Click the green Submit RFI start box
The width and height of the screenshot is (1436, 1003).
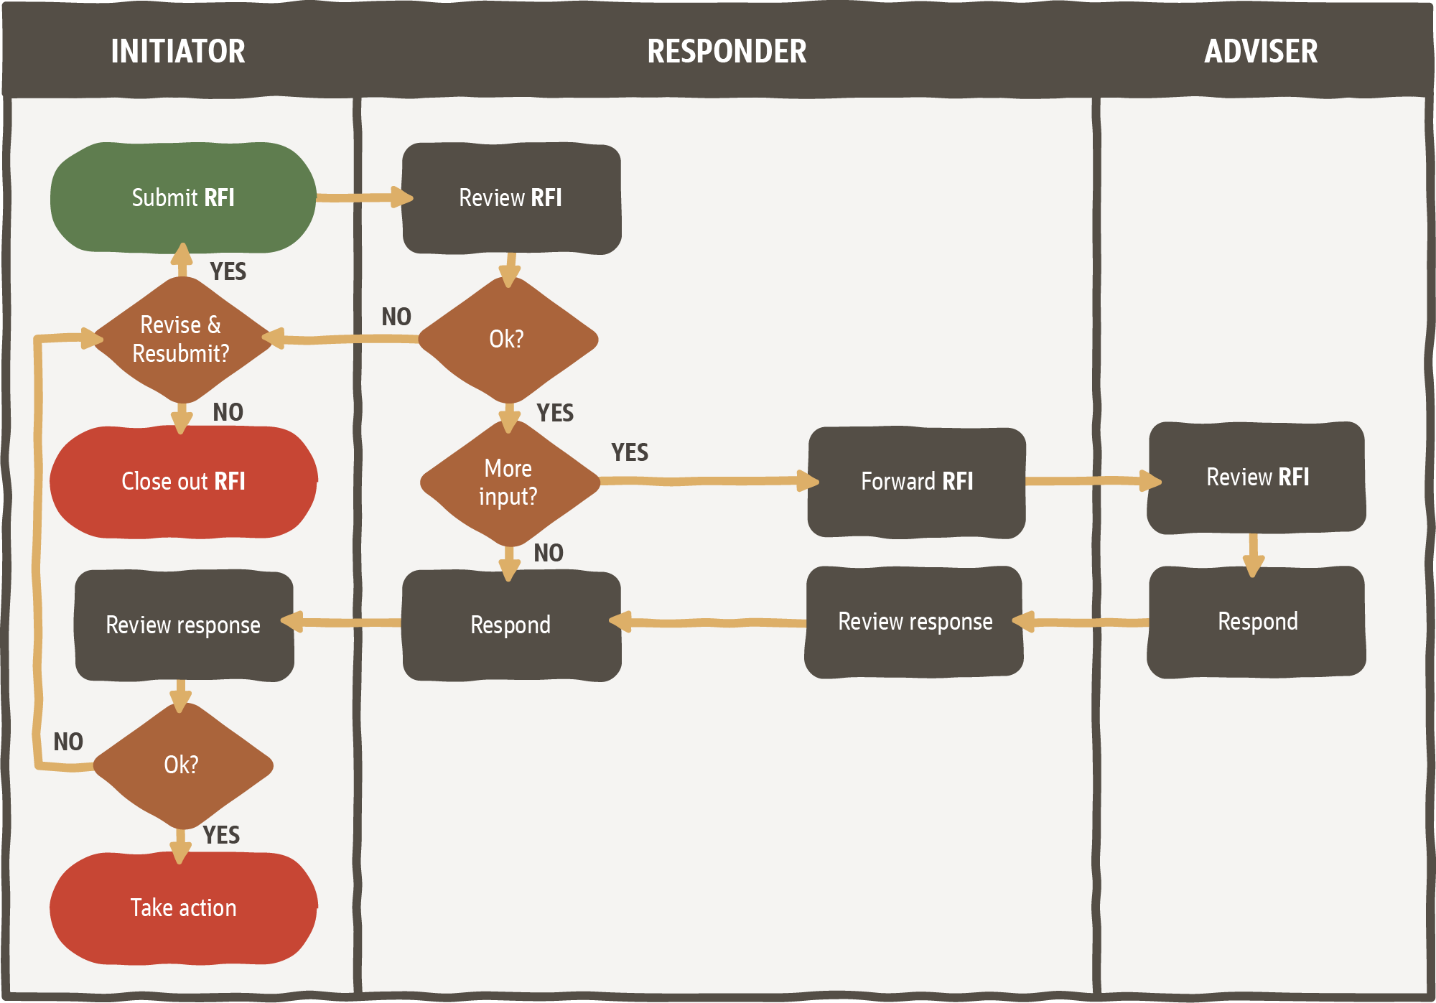[183, 197]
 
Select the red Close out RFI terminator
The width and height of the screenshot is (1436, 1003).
[183, 481]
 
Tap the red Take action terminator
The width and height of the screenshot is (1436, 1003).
[183, 908]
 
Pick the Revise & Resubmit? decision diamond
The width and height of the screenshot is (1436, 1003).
[182, 339]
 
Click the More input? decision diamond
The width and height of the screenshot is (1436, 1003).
[508, 482]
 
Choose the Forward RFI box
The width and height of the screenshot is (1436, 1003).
[916, 481]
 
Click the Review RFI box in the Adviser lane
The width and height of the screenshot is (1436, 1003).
[1256, 477]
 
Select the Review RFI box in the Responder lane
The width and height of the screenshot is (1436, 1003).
[510, 198]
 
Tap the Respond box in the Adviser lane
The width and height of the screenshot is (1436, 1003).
[1256, 622]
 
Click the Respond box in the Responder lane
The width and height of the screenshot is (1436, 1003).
[510, 625]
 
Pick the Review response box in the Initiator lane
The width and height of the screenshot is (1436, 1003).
[184, 625]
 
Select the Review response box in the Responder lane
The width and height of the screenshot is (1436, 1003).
[915, 622]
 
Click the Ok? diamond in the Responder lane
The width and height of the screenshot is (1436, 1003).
[507, 339]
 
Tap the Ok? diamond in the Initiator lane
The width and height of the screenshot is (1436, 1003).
[182, 765]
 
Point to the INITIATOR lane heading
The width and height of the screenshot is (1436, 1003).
[178, 52]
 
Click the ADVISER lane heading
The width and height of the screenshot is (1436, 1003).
[1261, 52]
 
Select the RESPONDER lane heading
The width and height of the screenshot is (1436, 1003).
[727, 52]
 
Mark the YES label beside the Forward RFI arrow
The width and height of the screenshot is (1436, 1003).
[630, 452]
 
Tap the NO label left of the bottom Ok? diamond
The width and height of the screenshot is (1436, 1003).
[68, 742]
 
